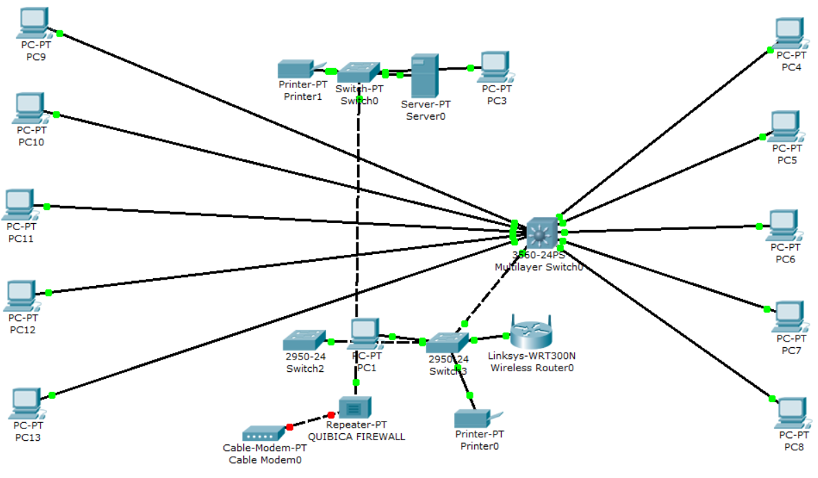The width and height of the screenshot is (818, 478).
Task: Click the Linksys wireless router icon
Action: (x=531, y=332)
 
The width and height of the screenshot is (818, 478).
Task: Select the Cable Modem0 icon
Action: (x=263, y=433)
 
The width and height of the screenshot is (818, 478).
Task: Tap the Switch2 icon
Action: (x=303, y=340)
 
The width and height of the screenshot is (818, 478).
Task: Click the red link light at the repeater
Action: (x=331, y=415)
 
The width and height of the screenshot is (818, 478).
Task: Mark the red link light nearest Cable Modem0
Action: (x=289, y=427)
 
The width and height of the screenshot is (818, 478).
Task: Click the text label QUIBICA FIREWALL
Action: (x=356, y=437)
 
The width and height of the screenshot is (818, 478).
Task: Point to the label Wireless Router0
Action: (x=531, y=368)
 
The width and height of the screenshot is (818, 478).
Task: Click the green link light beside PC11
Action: (x=47, y=207)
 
